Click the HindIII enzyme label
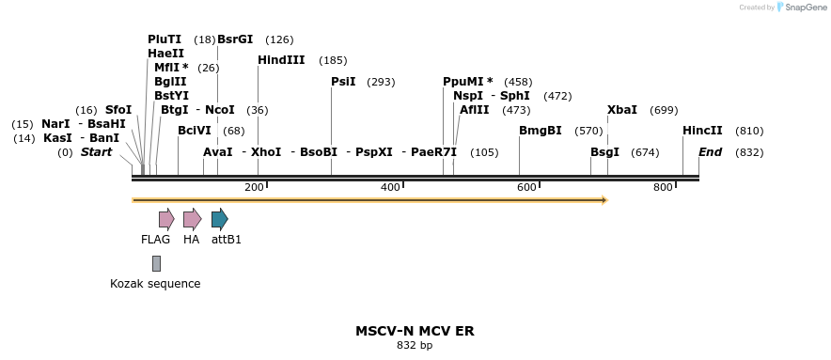coord(281,60)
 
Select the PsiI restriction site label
coord(343,82)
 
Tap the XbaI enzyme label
coord(622,110)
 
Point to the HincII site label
coord(702,131)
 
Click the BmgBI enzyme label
coord(540,131)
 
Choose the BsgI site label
coord(604,152)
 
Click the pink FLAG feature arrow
coord(166,220)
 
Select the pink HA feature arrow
coord(192,220)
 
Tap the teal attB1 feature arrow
coord(219,220)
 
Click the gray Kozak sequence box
coord(156,263)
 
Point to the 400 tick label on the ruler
coord(390,188)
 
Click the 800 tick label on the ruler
coord(663,188)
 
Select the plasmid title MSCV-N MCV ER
coord(415,331)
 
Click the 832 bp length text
coord(415,346)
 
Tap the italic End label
coord(710,152)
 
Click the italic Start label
coord(96,152)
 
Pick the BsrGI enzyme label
coord(235,39)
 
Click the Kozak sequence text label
coord(155,284)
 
